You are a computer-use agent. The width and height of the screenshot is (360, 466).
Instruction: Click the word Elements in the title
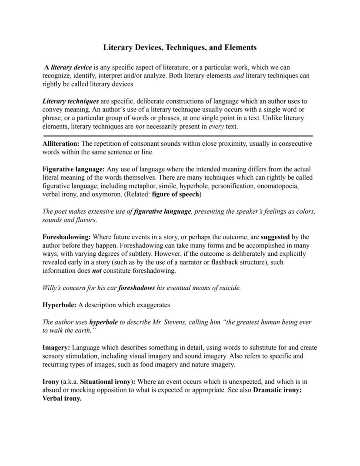[240, 47]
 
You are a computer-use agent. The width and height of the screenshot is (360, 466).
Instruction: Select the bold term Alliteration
[61, 144]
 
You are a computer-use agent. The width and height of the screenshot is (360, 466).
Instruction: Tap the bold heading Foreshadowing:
[67, 237]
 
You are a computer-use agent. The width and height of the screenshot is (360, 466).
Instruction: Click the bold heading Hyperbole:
[59, 305]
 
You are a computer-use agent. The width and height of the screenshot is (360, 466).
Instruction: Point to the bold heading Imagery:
[56, 348]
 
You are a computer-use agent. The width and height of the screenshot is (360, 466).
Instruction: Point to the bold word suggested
[275, 237]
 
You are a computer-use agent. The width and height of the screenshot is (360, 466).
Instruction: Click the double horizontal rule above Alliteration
[177, 136]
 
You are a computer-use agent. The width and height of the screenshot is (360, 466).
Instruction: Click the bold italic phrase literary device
[71, 67]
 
